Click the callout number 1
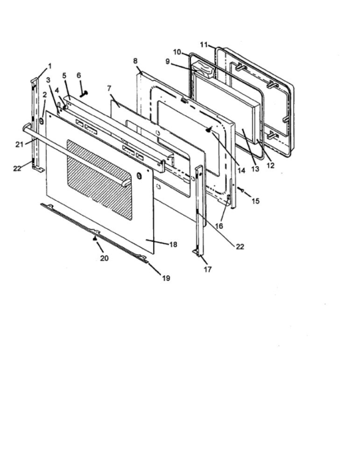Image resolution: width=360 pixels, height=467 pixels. pyautogui.click(x=49, y=66)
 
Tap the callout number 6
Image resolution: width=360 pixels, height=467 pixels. pyautogui.click(x=79, y=75)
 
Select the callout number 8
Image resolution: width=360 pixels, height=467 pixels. pyautogui.click(x=135, y=61)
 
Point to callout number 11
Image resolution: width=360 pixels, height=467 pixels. pyautogui.click(x=204, y=45)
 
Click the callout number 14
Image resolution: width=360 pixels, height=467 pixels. pyautogui.click(x=241, y=170)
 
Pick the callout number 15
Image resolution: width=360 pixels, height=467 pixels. pyautogui.click(x=256, y=201)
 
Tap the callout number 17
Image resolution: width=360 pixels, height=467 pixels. pyautogui.click(x=207, y=269)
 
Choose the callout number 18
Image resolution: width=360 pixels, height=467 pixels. pyautogui.click(x=173, y=245)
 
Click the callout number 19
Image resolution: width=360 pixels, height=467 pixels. pyautogui.click(x=166, y=278)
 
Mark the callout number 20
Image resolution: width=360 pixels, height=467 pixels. pyautogui.click(x=104, y=258)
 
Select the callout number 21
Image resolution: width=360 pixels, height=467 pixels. pyautogui.click(x=20, y=145)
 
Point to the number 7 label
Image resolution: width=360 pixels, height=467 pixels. pyautogui.click(x=109, y=89)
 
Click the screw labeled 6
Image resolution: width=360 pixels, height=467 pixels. pyautogui.click(x=84, y=94)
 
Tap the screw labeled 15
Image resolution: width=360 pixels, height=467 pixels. pyautogui.click(x=240, y=189)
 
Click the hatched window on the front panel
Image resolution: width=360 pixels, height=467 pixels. pyautogui.click(x=99, y=179)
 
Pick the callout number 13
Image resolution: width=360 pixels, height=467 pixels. pyautogui.click(x=255, y=169)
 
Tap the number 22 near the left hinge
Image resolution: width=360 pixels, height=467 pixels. pyautogui.click(x=17, y=168)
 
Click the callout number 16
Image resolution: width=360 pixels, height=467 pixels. pyautogui.click(x=219, y=226)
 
